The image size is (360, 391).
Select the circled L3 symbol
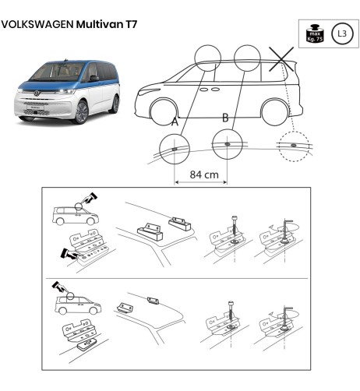point(341,33)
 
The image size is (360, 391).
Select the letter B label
point(225,118)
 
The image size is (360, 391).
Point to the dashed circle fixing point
point(293,146)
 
